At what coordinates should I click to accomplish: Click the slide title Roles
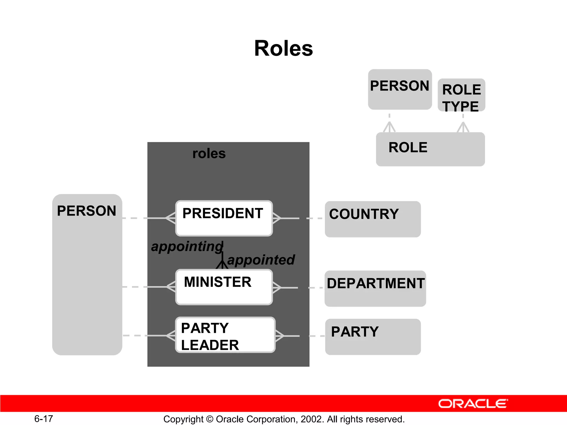[283, 48]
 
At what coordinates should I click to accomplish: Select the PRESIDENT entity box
[224, 218]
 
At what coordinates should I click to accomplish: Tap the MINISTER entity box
[224, 287]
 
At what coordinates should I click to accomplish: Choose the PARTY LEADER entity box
[225, 335]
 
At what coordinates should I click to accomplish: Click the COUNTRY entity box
[373, 219]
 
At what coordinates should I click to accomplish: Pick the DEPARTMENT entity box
[375, 288]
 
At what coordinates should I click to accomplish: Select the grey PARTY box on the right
[373, 337]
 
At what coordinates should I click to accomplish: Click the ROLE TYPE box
[461, 95]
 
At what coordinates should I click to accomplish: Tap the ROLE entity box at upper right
[430, 149]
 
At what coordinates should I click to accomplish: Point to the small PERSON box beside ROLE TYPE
[400, 89]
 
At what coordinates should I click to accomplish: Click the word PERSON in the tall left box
[86, 211]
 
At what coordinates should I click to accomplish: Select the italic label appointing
[187, 246]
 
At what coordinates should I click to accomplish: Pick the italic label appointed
[261, 260]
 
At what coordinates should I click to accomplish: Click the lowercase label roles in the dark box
[209, 154]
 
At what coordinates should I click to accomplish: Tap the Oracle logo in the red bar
[473, 404]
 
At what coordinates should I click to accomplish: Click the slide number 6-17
[43, 419]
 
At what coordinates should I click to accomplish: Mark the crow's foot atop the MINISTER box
[222, 264]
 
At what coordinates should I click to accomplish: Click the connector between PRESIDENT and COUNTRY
[299, 218]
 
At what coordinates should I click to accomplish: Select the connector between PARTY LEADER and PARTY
[300, 336]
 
